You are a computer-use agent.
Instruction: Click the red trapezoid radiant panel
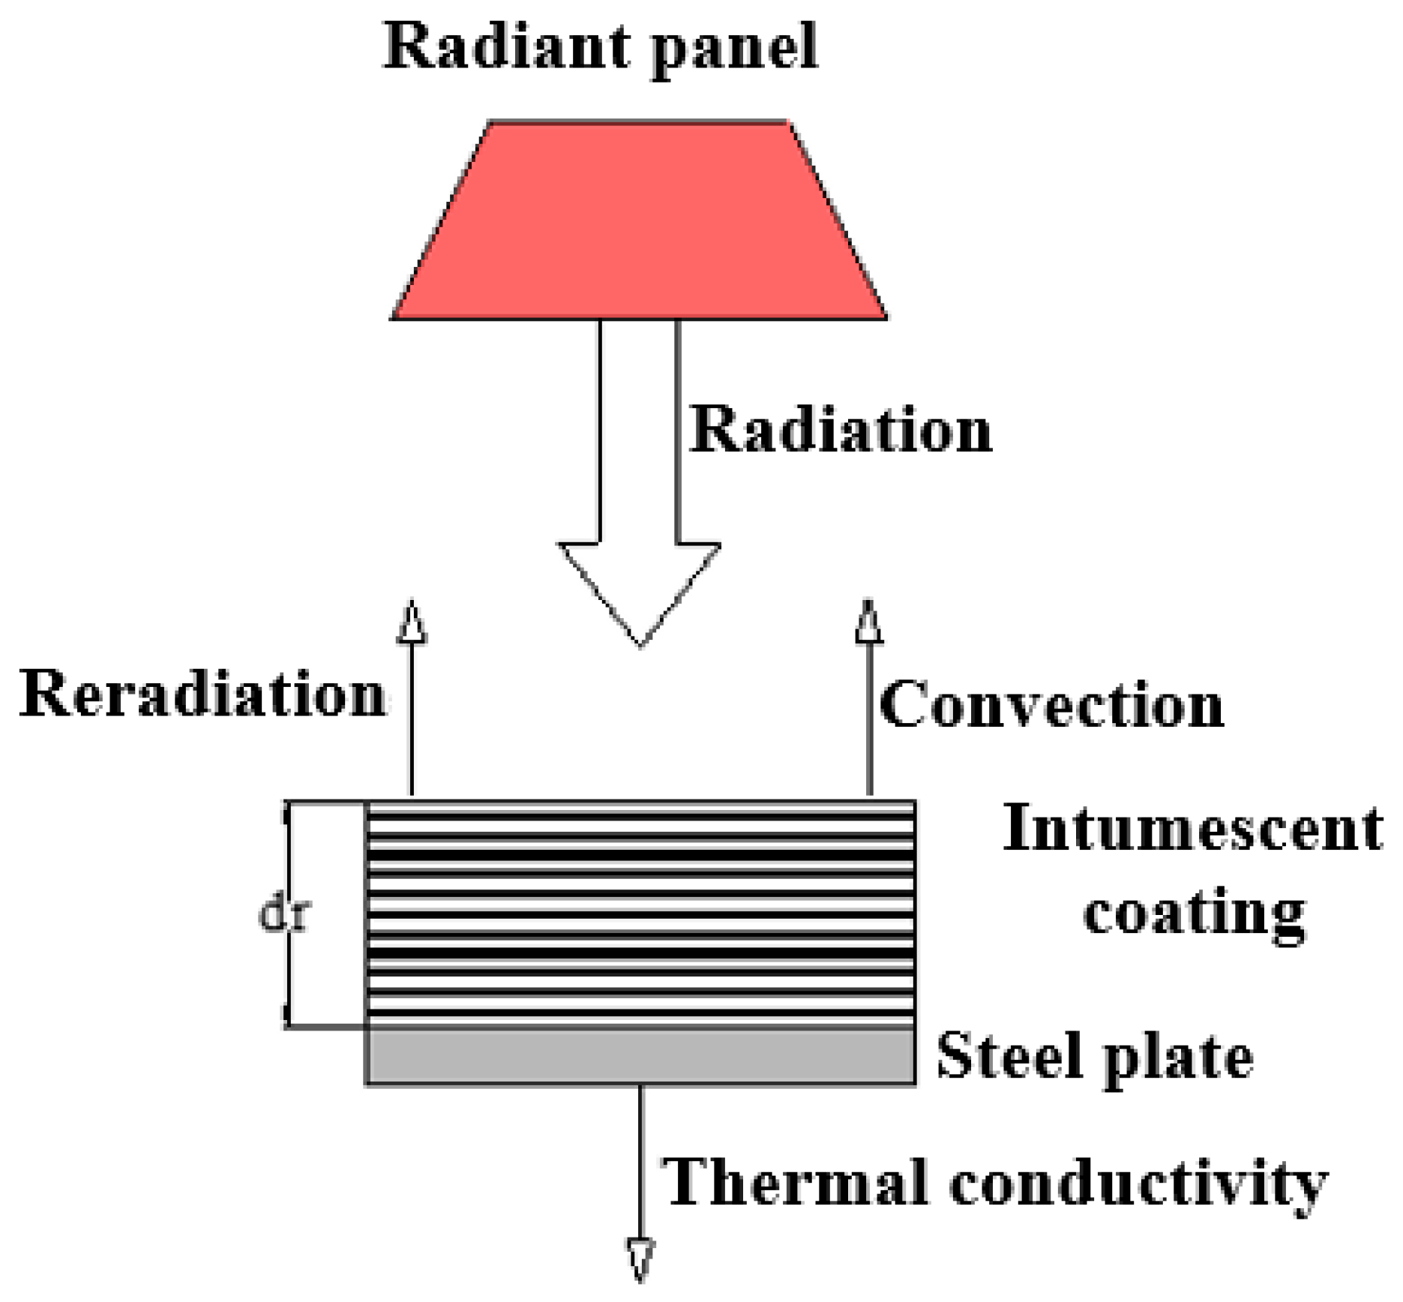(639, 221)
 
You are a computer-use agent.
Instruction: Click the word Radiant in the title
(495, 46)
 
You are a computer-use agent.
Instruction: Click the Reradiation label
(202, 694)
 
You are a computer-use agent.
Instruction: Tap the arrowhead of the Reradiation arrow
(411, 622)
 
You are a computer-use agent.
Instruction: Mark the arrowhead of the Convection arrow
(869, 622)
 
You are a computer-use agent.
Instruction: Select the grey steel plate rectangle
(640, 1056)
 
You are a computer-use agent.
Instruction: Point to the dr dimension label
(283, 915)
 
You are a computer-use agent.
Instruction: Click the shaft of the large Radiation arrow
(639, 431)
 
